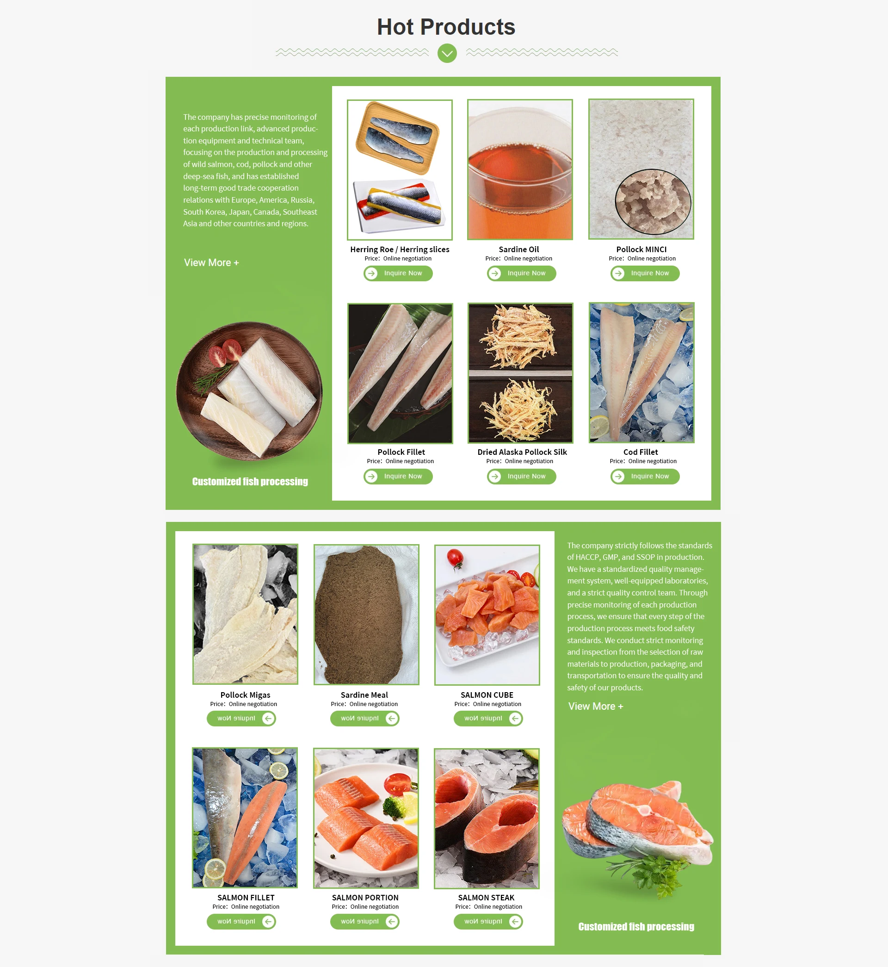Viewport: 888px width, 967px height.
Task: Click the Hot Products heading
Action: [446, 27]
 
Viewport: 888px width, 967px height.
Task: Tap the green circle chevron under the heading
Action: [447, 53]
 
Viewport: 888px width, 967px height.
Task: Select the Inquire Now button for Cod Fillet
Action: [645, 476]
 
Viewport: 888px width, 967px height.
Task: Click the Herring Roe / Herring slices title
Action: [400, 249]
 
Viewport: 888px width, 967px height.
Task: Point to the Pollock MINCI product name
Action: [641, 249]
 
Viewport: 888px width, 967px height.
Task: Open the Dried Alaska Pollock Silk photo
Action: [520, 372]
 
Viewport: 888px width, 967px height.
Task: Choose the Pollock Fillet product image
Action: [400, 373]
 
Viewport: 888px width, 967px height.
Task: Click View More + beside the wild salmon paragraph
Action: [211, 262]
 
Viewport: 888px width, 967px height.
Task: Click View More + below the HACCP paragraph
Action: [596, 706]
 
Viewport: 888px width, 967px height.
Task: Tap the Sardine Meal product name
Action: [364, 695]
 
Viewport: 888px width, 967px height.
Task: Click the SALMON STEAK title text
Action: [486, 898]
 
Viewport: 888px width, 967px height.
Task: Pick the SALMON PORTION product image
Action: [366, 818]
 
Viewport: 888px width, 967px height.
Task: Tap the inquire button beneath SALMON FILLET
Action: [241, 921]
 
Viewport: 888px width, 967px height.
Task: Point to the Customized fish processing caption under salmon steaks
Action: [636, 927]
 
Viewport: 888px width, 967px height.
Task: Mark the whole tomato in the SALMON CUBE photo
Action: [455, 558]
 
